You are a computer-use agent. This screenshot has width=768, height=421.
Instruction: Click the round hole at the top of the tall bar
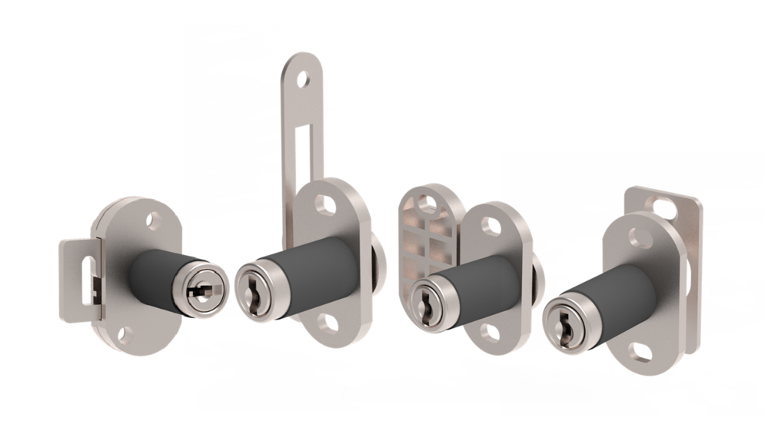(x=303, y=78)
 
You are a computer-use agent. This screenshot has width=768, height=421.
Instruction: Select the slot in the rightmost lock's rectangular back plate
(x=662, y=206)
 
